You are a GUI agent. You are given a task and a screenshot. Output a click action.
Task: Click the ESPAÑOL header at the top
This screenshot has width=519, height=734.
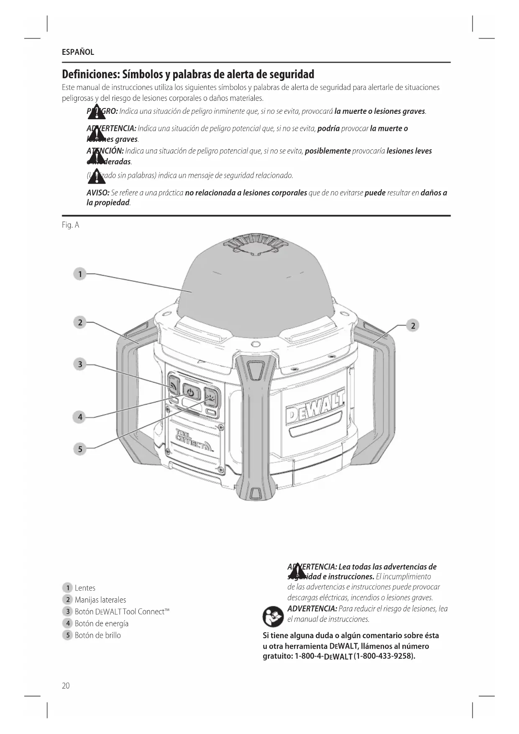point(78,52)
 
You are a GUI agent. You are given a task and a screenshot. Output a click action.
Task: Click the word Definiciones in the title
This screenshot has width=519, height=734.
point(91,74)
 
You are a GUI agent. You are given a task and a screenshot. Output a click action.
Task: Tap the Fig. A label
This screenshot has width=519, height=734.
point(70,225)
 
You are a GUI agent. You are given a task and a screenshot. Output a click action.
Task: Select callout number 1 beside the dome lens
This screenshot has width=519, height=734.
point(79,274)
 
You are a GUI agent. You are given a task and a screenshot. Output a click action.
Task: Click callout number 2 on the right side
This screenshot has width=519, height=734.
point(413,325)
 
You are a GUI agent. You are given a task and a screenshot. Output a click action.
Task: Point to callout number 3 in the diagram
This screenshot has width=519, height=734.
point(79,364)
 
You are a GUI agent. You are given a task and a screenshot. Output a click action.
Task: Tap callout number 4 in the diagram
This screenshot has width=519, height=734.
point(79,417)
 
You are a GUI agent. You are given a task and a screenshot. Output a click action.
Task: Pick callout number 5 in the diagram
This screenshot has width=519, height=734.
point(79,449)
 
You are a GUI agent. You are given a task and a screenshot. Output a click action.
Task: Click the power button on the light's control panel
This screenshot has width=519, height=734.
point(191,393)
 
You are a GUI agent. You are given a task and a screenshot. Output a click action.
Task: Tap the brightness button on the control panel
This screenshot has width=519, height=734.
point(211,396)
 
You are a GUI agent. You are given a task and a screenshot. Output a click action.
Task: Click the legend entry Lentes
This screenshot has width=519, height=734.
point(85,588)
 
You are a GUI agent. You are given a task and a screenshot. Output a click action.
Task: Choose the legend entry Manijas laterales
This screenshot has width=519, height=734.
point(100,600)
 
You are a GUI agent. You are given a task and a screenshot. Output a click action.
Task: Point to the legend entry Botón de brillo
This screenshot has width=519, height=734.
point(97,635)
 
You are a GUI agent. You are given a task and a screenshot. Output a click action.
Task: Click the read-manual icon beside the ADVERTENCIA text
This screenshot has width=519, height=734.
point(273,616)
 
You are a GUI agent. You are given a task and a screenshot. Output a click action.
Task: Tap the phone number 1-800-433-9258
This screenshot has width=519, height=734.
point(384,656)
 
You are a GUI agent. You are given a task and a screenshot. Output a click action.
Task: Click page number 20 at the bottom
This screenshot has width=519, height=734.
point(66,685)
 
